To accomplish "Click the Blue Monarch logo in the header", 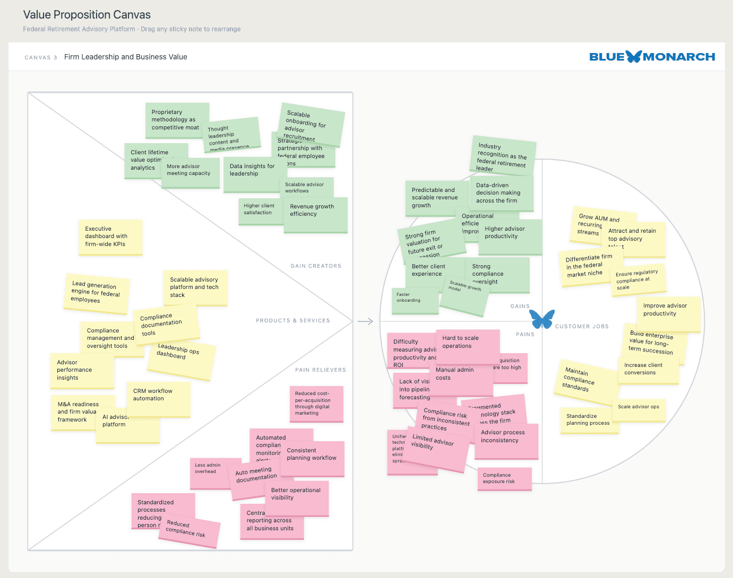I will (x=652, y=57).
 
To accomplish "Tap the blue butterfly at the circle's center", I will (x=542, y=319).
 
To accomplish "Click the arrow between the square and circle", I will (x=365, y=321).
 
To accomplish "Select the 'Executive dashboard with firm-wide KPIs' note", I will (x=110, y=237).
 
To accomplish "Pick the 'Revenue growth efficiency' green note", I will (x=315, y=215).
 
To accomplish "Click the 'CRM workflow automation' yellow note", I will (x=158, y=399).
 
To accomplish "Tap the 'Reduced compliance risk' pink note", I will (x=189, y=531).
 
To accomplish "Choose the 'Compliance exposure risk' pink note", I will (x=504, y=478).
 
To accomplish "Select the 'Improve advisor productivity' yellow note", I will (x=668, y=314).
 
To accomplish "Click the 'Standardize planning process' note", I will (x=589, y=421).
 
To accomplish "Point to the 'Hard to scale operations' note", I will (x=467, y=346).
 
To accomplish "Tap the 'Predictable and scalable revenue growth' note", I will (x=435, y=198).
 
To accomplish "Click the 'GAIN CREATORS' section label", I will (x=316, y=266).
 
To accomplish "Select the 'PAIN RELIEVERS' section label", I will (x=320, y=370).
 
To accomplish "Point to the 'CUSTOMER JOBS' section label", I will (x=582, y=327).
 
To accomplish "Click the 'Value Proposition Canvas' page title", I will (x=87, y=15).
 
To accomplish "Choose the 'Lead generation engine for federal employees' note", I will (x=97, y=294).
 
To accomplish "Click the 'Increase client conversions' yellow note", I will (x=648, y=370).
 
